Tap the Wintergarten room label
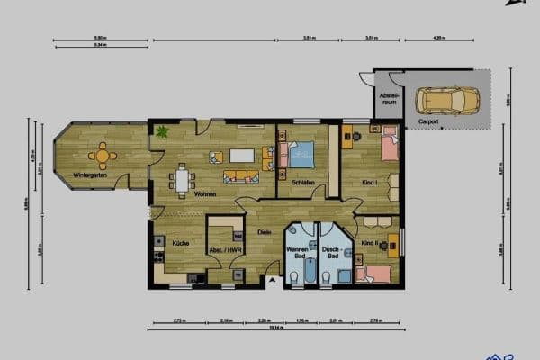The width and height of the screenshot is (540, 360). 91,175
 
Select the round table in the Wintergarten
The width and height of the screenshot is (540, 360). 103,157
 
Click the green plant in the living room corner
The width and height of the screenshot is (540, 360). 162,131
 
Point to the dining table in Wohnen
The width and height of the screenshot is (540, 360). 183,180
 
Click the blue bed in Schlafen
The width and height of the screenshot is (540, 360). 301,156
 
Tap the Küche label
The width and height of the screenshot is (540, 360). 179,244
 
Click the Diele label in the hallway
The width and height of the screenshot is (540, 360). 264,233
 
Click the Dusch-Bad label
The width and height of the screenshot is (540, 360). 331,253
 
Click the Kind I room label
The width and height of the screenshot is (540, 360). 370,183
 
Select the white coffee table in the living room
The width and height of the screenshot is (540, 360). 242,155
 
